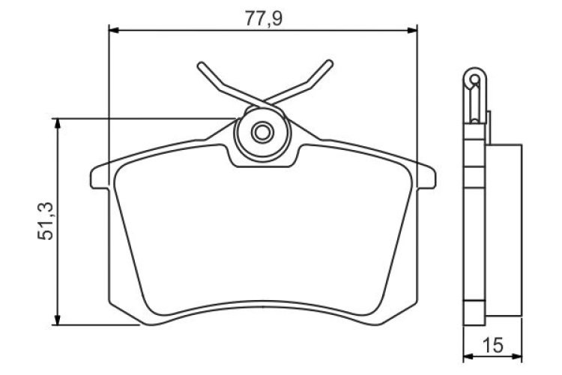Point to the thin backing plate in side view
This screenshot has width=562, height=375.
(x=473, y=225)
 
